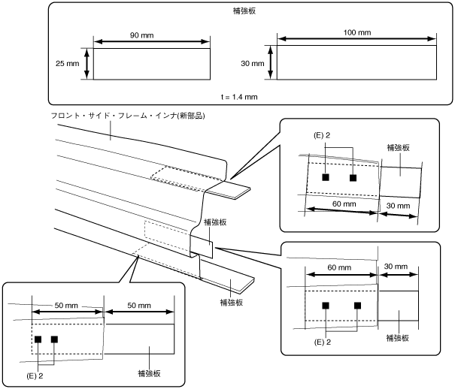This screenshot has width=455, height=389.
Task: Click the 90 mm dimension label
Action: (x=141, y=35)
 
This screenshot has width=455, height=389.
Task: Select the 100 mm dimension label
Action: (x=357, y=32)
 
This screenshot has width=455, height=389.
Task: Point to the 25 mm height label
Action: (x=68, y=63)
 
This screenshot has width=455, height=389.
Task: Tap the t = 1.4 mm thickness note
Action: (x=239, y=97)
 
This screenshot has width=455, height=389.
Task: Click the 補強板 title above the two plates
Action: (x=244, y=11)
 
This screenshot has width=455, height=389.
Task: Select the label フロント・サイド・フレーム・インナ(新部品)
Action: (x=128, y=116)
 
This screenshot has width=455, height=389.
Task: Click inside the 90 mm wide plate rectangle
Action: (x=152, y=64)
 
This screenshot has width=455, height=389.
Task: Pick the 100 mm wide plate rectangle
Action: (x=356, y=62)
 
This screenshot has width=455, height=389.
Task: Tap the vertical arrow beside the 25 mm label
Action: (x=86, y=63)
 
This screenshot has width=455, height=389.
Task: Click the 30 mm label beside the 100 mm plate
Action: (x=253, y=63)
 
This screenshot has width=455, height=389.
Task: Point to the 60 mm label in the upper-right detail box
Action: (x=344, y=204)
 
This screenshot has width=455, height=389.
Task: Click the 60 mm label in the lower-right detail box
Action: (x=339, y=267)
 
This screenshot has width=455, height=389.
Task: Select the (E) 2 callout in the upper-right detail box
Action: (x=322, y=135)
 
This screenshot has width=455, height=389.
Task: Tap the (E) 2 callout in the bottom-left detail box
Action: (x=35, y=376)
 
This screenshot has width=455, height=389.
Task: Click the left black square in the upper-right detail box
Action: (x=326, y=177)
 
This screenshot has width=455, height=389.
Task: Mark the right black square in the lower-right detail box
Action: (x=357, y=306)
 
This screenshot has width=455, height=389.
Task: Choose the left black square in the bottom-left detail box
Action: (x=38, y=339)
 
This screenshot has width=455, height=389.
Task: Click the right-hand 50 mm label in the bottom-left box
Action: (x=139, y=306)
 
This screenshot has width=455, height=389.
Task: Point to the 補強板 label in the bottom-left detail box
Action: (x=149, y=373)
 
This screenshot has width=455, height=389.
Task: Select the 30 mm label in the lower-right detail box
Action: (x=396, y=266)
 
